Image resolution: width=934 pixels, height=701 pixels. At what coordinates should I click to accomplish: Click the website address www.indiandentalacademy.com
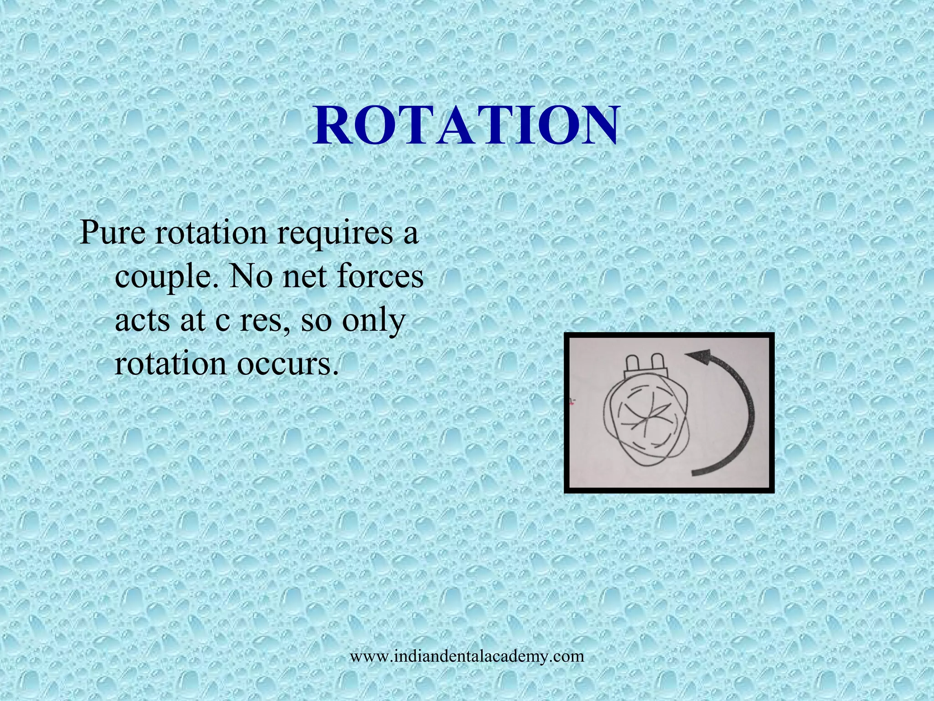tap(467, 656)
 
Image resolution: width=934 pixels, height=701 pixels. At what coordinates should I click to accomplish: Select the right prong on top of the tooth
tap(657, 364)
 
